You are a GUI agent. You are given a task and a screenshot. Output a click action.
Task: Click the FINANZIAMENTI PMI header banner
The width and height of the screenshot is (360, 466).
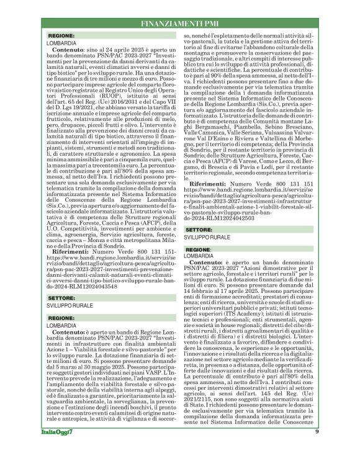pos(180,23)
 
